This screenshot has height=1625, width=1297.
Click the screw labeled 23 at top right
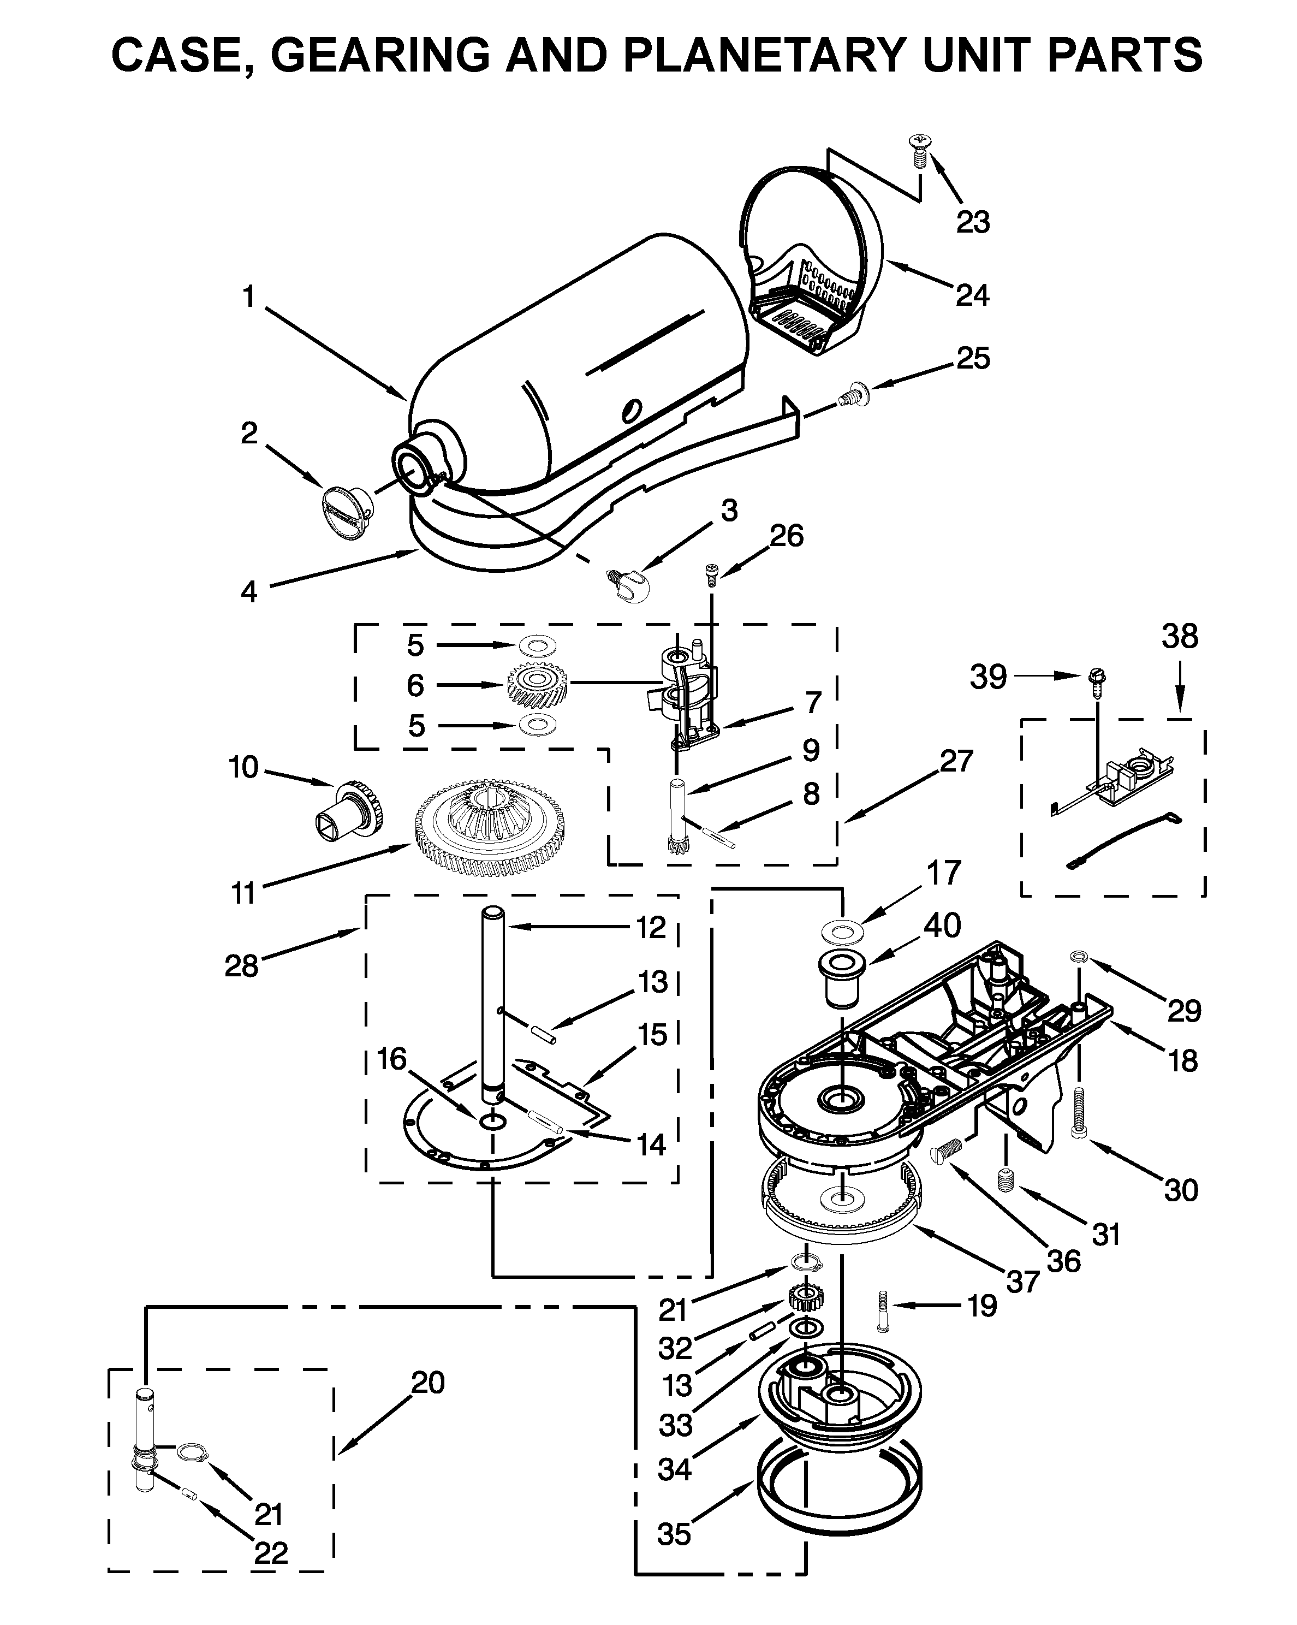(920, 151)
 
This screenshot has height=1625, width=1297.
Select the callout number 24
(972, 295)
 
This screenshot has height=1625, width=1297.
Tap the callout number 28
(241, 965)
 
